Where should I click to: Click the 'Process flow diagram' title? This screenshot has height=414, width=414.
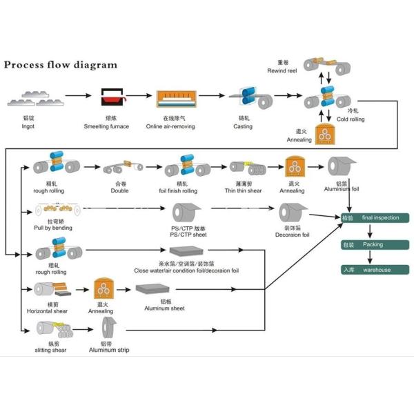pyautogui.click(x=61, y=66)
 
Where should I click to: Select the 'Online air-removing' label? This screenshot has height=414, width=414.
pyautogui.click(x=170, y=127)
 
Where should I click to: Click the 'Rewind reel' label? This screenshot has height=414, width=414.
pyautogui.click(x=283, y=71)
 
